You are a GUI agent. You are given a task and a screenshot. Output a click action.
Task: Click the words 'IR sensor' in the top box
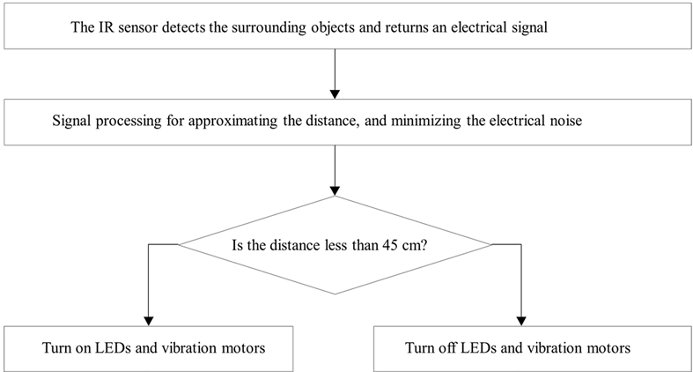click(127, 27)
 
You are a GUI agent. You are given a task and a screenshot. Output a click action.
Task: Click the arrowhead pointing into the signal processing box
click(335, 93)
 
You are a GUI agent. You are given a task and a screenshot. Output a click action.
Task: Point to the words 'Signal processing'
click(98, 123)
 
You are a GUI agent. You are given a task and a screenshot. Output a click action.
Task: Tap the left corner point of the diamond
click(180, 244)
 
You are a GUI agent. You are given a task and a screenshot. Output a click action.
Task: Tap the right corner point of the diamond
click(490, 244)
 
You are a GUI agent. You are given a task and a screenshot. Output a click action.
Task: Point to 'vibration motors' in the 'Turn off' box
click(586, 348)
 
